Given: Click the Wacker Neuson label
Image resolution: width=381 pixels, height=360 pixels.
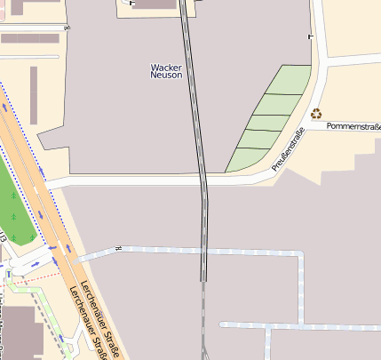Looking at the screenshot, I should [166, 71].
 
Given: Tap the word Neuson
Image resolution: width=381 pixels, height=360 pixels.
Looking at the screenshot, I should [166, 76].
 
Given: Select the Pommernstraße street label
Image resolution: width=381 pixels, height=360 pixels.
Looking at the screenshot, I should [353, 126].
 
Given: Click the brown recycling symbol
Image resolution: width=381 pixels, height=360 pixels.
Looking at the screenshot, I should [316, 113].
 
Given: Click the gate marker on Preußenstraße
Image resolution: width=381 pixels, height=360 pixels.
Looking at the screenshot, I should [310, 36].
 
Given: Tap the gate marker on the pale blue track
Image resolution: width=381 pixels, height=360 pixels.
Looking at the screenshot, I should [116, 248].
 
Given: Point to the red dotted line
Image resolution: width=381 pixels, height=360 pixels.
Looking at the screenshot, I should [31, 279].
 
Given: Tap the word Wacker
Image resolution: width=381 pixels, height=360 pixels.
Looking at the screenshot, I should [166, 67].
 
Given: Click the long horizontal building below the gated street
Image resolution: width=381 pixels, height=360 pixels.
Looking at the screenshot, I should [30, 39].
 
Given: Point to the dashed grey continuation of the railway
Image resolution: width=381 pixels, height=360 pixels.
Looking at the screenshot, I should [203, 320].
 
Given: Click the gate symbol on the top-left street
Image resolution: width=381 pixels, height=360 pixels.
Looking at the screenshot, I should [67, 27].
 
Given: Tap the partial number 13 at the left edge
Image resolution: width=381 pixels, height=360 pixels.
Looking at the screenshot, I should [3, 238].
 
